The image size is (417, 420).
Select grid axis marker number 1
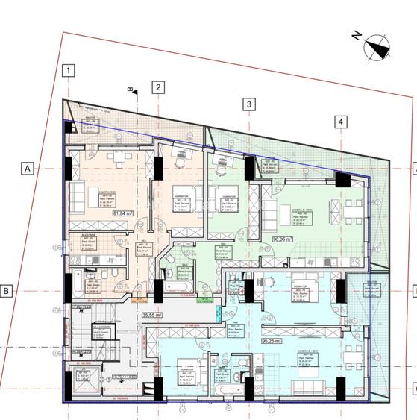click(69, 72)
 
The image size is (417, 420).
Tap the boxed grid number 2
click(158, 87)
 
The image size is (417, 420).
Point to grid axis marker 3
click(249, 104)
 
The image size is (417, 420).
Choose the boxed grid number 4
click(340, 121)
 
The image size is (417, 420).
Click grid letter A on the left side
click(28, 169)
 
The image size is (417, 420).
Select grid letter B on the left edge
click(7, 291)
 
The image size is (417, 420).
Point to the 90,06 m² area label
click(282, 239)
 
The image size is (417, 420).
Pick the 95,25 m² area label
click(270, 342)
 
